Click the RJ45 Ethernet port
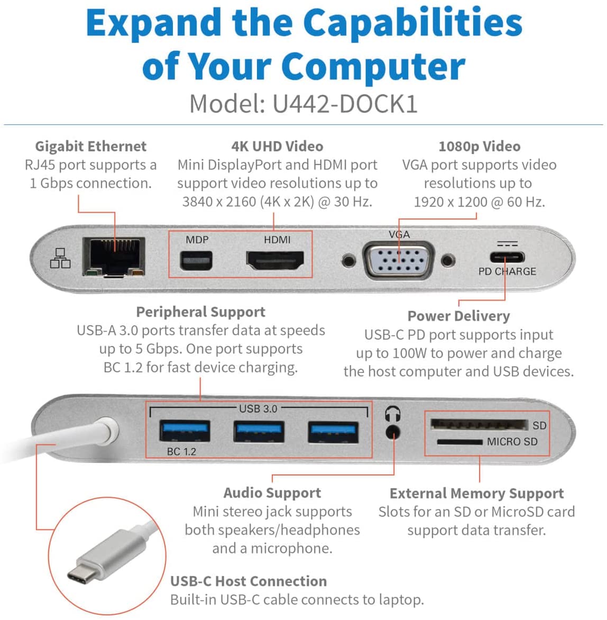pos(114,257)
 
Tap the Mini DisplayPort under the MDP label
pos(196,260)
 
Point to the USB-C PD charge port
pos(507,258)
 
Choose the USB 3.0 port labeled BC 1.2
pos(185,431)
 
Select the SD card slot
pos(479,425)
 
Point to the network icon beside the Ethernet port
pos(60,258)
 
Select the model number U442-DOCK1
pos(345,104)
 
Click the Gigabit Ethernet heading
pos(90,146)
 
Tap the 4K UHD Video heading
pos(277,146)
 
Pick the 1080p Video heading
pos(479,146)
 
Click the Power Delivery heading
pos(458,316)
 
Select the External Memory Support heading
pos(476,493)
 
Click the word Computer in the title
pos(373,67)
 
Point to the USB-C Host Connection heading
pos(249,581)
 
